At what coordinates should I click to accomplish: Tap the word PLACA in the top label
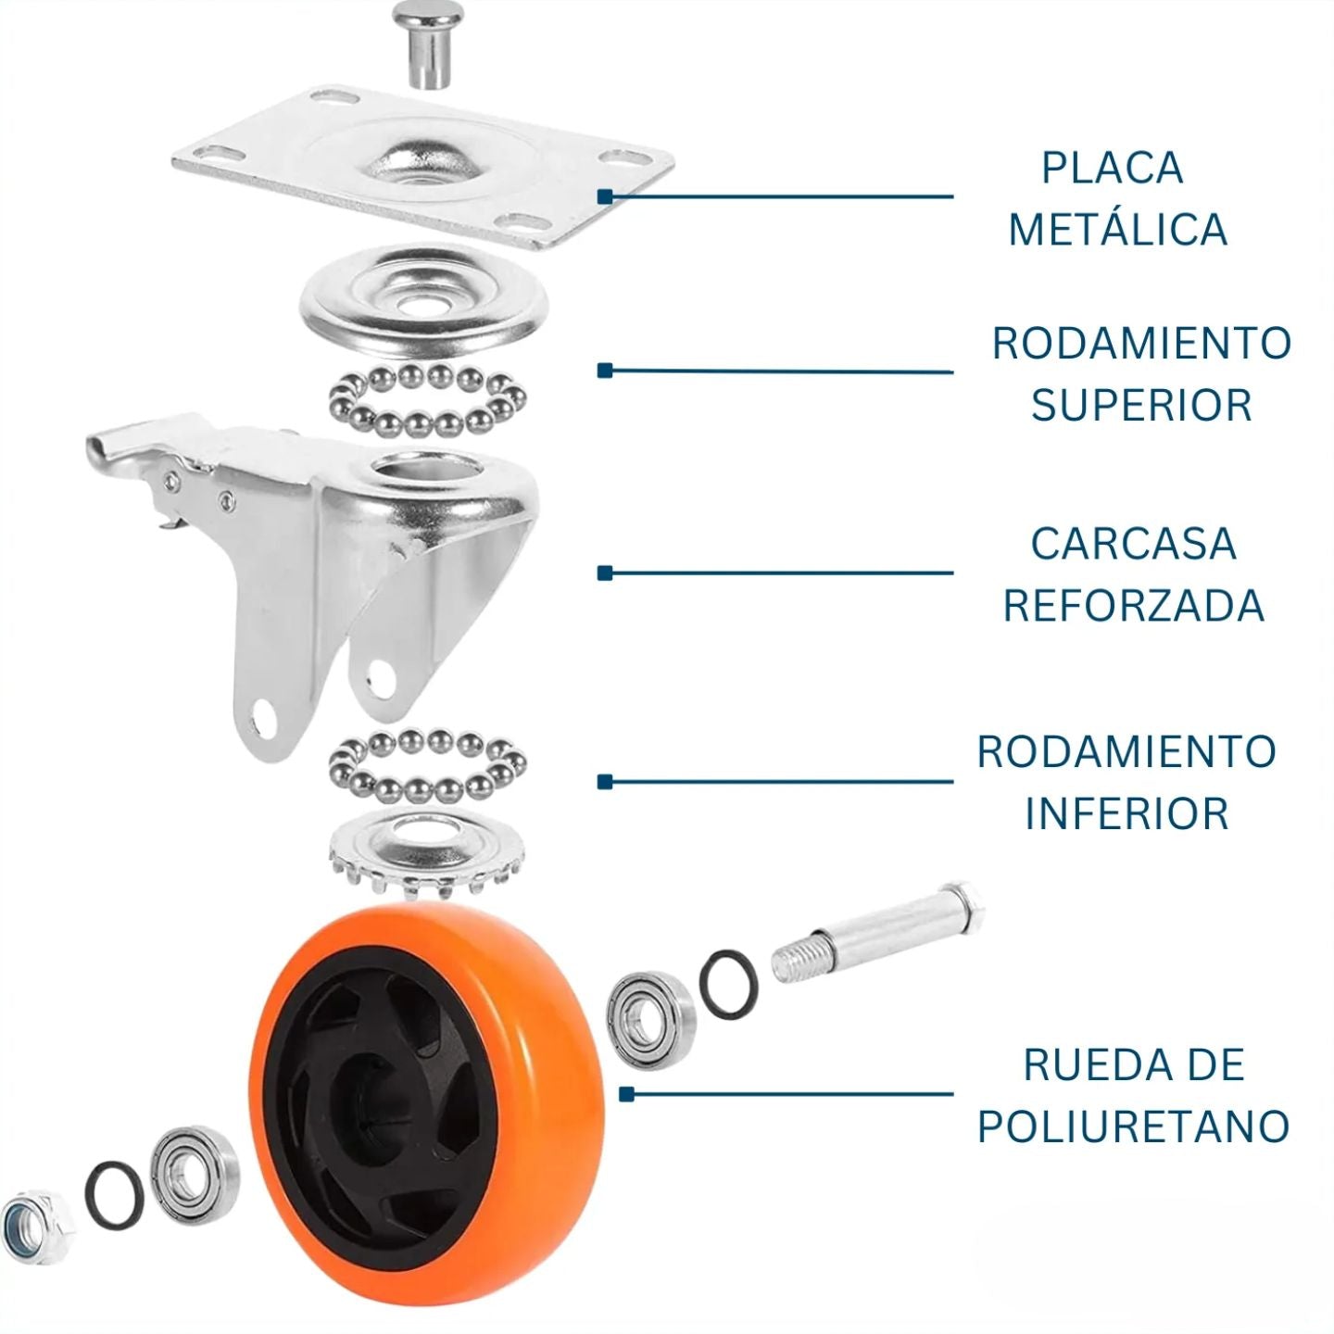(x=1112, y=168)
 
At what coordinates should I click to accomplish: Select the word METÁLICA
(x=1117, y=230)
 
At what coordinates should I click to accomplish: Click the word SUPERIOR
(x=1141, y=405)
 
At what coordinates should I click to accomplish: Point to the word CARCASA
(x=1133, y=544)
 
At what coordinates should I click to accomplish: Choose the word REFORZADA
(x=1133, y=606)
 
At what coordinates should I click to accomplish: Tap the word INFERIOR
(x=1126, y=813)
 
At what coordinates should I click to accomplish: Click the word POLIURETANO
(x=1133, y=1126)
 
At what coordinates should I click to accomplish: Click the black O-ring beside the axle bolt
(x=728, y=982)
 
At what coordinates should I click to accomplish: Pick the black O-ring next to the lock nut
(x=114, y=1194)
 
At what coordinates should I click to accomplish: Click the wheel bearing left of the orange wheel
(x=194, y=1173)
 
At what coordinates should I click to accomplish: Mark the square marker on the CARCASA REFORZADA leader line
(x=605, y=573)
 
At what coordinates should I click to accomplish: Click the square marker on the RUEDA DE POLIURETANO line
(x=626, y=1094)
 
